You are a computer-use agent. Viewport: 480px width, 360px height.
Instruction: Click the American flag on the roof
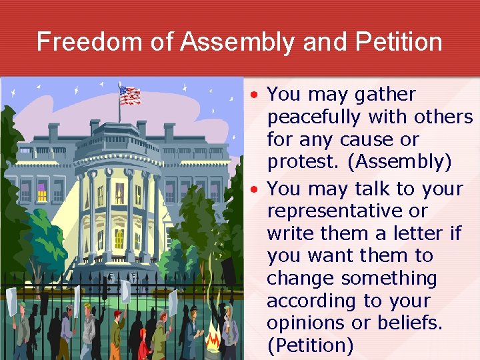tap(129, 95)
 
